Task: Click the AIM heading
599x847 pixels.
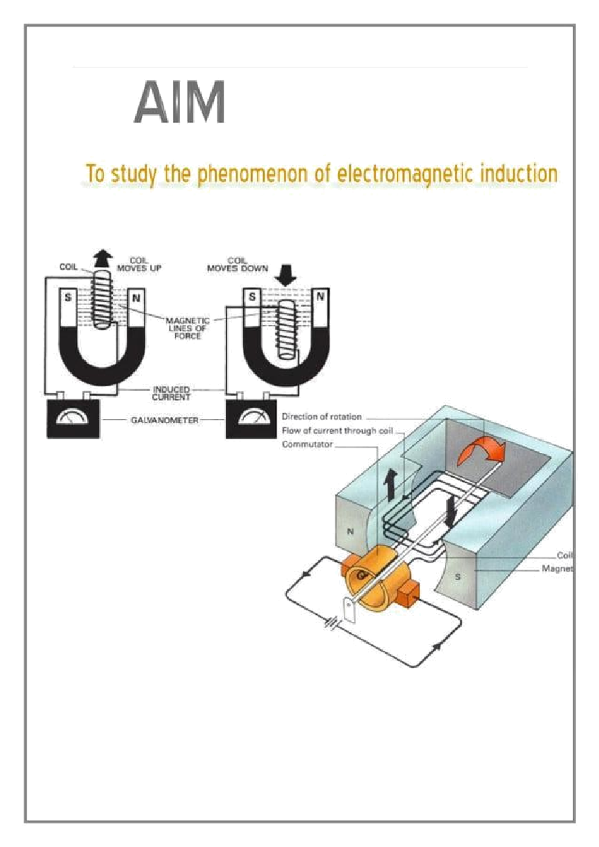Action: (x=179, y=103)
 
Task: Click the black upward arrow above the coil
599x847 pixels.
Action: (x=103, y=258)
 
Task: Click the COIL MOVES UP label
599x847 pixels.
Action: (x=139, y=264)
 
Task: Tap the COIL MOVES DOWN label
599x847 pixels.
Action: (x=237, y=264)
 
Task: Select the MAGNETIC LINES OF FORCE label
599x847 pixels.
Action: (x=187, y=328)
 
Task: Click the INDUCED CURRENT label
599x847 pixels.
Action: (x=171, y=393)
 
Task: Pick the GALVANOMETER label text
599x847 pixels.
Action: (x=164, y=420)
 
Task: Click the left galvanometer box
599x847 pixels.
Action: (x=73, y=419)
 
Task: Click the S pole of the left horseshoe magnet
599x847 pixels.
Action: (x=68, y=297)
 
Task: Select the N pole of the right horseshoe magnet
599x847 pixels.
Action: (x=320, y=296)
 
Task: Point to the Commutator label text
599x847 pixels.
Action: (x=307, y=444)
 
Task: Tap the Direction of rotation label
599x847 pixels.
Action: (x=321, y=416)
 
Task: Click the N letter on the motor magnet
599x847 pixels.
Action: (x=350, y=532)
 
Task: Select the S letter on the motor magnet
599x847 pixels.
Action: (x=458, y=577)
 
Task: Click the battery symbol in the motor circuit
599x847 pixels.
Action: (x=333, y=622)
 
